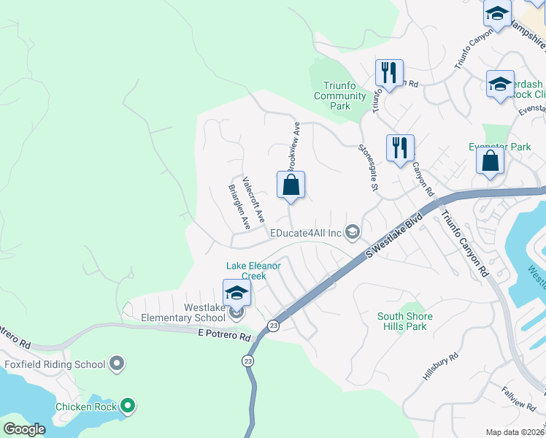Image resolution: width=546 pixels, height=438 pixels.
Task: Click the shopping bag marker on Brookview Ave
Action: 291,185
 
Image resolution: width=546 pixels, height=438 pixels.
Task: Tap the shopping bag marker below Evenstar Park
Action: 490,160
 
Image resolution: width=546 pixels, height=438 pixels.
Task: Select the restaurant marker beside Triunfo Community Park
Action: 388,74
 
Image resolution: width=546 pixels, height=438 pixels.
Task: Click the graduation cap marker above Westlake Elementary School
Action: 237,293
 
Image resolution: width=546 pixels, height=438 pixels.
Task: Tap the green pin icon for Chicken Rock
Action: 128,406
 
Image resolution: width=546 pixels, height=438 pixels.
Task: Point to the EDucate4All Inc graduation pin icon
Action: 353,233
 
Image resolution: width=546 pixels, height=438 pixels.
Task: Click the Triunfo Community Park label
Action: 339,96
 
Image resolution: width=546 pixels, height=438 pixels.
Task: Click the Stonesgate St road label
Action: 367,167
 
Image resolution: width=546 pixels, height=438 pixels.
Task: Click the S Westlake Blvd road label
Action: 394,235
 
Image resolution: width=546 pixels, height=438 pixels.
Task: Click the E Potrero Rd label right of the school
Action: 224,337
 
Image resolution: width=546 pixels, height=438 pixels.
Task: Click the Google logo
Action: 24,429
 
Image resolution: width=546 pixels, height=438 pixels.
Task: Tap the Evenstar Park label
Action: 499,147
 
